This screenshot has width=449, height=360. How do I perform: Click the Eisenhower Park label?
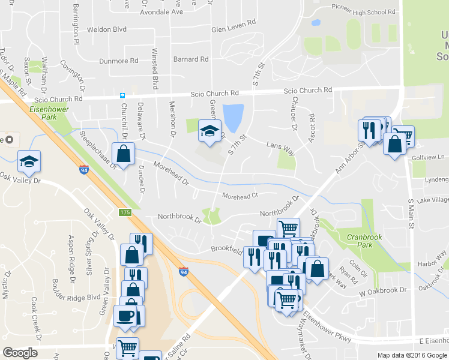pyautogui.click(x=49, y=113)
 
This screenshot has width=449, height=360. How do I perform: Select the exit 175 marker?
pyautogui.click(x=124, y=212)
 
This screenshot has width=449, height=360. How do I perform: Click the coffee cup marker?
pyautogui.click(x=125, y=315)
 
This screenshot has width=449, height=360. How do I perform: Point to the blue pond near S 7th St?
pyautogui.click(x=233, y=117)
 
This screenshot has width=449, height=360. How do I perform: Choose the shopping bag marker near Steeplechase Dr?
pyautogui.click(x=123, y=154)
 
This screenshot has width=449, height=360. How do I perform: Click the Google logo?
pyautogui.click(x=20, y=353)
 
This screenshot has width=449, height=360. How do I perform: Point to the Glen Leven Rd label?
pyautogui.click(x=234, y=29)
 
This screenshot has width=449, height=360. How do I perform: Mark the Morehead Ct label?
pyautogui.click(x=240, y=196)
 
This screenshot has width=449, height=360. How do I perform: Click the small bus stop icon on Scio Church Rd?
pyautogui.click(x=122, y=95)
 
